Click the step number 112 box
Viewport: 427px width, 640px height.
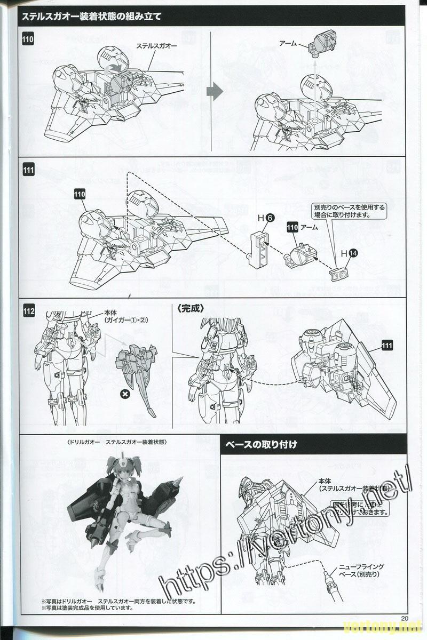pyautogui.click(x=29, y=310)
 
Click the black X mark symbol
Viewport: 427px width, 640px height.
pyautogui.click(x=125, y=394)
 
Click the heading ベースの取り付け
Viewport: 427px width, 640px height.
pyautogui.click(x=261, y=444)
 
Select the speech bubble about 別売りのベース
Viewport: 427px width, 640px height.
pyautogui.click(x=349, y=211)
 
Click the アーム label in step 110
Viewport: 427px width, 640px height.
pyautogui.click(x=288, y=42)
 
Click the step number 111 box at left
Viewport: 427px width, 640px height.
pyautogui.click(x=29, y=171)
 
